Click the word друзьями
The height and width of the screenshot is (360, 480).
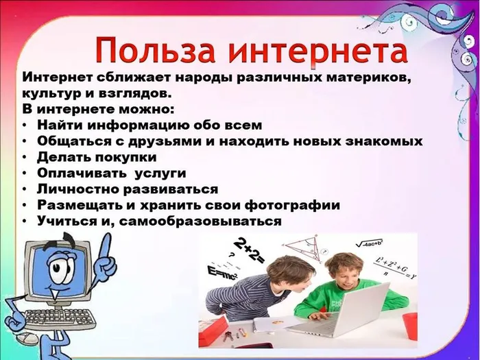(x=163, y=141)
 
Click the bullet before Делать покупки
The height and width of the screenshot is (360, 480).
(x=25, y=157)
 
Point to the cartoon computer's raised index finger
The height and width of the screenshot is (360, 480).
(x=103, y=244)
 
